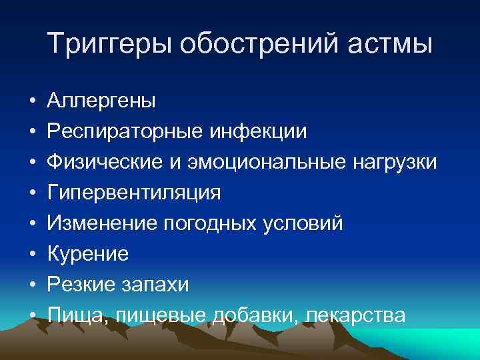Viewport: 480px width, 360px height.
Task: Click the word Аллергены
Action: coord(102,101)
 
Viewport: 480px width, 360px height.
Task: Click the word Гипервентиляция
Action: coord(134,193)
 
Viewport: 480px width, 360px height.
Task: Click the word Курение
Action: coord(88,254)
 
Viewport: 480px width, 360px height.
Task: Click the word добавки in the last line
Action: coord(254,315)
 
